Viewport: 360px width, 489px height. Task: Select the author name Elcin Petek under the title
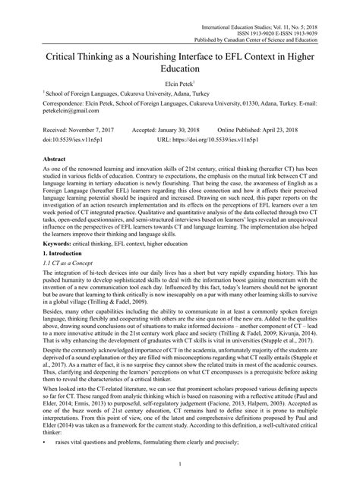(x=178, y=84)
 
